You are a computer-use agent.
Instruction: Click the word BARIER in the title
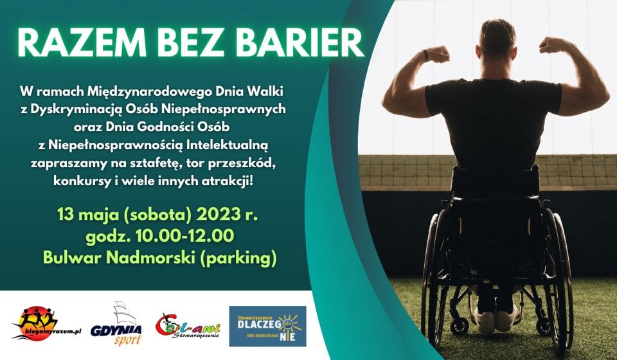(x=301, y=43)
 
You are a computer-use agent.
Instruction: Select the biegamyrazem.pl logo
(x=46, y=323)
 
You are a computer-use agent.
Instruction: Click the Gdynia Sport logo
(x=116, y=324)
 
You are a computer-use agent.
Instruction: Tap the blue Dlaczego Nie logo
(x=267, y=326)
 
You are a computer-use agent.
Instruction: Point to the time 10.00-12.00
(x=184, y=236)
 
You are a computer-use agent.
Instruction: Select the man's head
(x=497, y=39)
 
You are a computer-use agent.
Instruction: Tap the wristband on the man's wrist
(x=425, y=55)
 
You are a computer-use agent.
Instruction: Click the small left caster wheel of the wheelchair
(x=459, y=326)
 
